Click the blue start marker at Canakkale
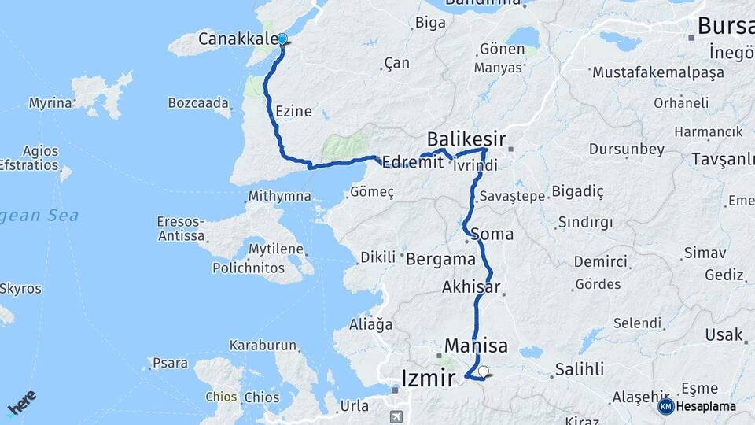(282, 39)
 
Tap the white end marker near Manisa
(483, 372)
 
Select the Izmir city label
(428, 379)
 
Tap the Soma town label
(492, 234)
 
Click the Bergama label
(440, 258)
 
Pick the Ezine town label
(293, 111)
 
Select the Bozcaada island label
(199, 103)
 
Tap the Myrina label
(50, 103)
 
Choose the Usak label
(724, 335)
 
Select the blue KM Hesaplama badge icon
(665, 406)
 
